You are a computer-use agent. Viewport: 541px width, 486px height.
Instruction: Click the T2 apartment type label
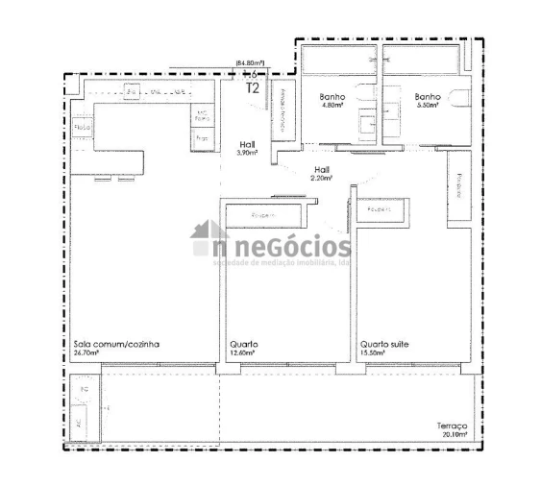[253, 87]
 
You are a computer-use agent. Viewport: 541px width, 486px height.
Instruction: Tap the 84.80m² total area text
[250, 64]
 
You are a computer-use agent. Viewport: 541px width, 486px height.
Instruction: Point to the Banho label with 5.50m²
[428, 97]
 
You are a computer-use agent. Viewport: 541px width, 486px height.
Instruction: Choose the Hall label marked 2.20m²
[321, 169]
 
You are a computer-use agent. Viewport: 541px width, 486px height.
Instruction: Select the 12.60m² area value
[241, 352]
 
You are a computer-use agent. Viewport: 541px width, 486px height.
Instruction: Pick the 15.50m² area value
[373, 352]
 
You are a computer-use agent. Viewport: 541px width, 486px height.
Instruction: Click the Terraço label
[452, 425]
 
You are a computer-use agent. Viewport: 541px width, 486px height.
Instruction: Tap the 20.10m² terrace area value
[455, 434]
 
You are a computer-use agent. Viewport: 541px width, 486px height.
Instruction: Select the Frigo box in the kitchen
[202, 138]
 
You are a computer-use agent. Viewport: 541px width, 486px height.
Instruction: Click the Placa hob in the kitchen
[82, 127]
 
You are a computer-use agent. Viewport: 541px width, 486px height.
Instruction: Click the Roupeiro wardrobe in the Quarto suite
[384, 208]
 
